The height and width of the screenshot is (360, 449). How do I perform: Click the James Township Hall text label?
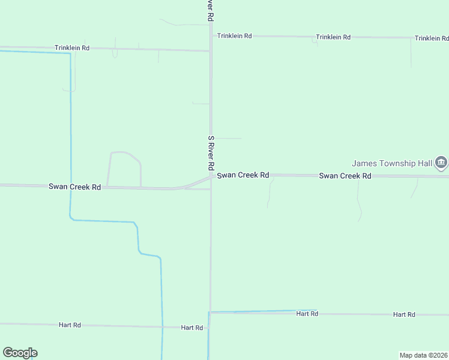392,163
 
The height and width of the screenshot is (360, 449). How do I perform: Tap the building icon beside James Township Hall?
441,163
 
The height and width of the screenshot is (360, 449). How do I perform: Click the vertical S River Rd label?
211,152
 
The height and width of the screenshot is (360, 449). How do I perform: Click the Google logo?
20,353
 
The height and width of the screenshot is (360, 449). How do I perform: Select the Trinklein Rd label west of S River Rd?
72,47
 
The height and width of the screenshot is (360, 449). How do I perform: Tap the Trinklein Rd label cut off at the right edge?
431,38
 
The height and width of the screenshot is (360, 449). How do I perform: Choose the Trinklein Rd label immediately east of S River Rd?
234,36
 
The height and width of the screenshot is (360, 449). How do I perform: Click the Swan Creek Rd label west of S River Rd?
74,187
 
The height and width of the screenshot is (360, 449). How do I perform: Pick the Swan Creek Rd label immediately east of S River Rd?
243,175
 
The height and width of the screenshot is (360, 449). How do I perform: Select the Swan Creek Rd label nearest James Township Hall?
345,176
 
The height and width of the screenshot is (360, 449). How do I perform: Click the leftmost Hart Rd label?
70,325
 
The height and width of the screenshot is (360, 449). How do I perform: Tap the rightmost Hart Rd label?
404,314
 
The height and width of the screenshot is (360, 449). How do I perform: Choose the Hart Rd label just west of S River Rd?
192,328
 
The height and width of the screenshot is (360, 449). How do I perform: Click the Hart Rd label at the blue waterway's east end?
307,313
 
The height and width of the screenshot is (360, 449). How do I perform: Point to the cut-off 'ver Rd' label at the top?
211,11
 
